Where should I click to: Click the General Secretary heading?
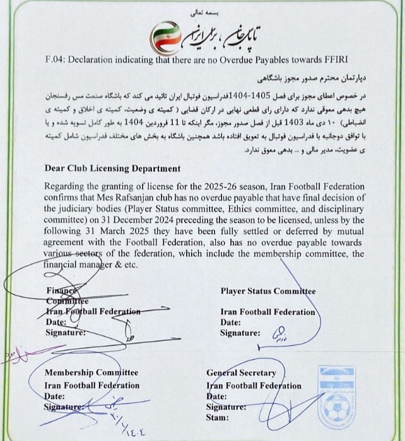point(239,373)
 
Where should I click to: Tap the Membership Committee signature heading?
point(91,373)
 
